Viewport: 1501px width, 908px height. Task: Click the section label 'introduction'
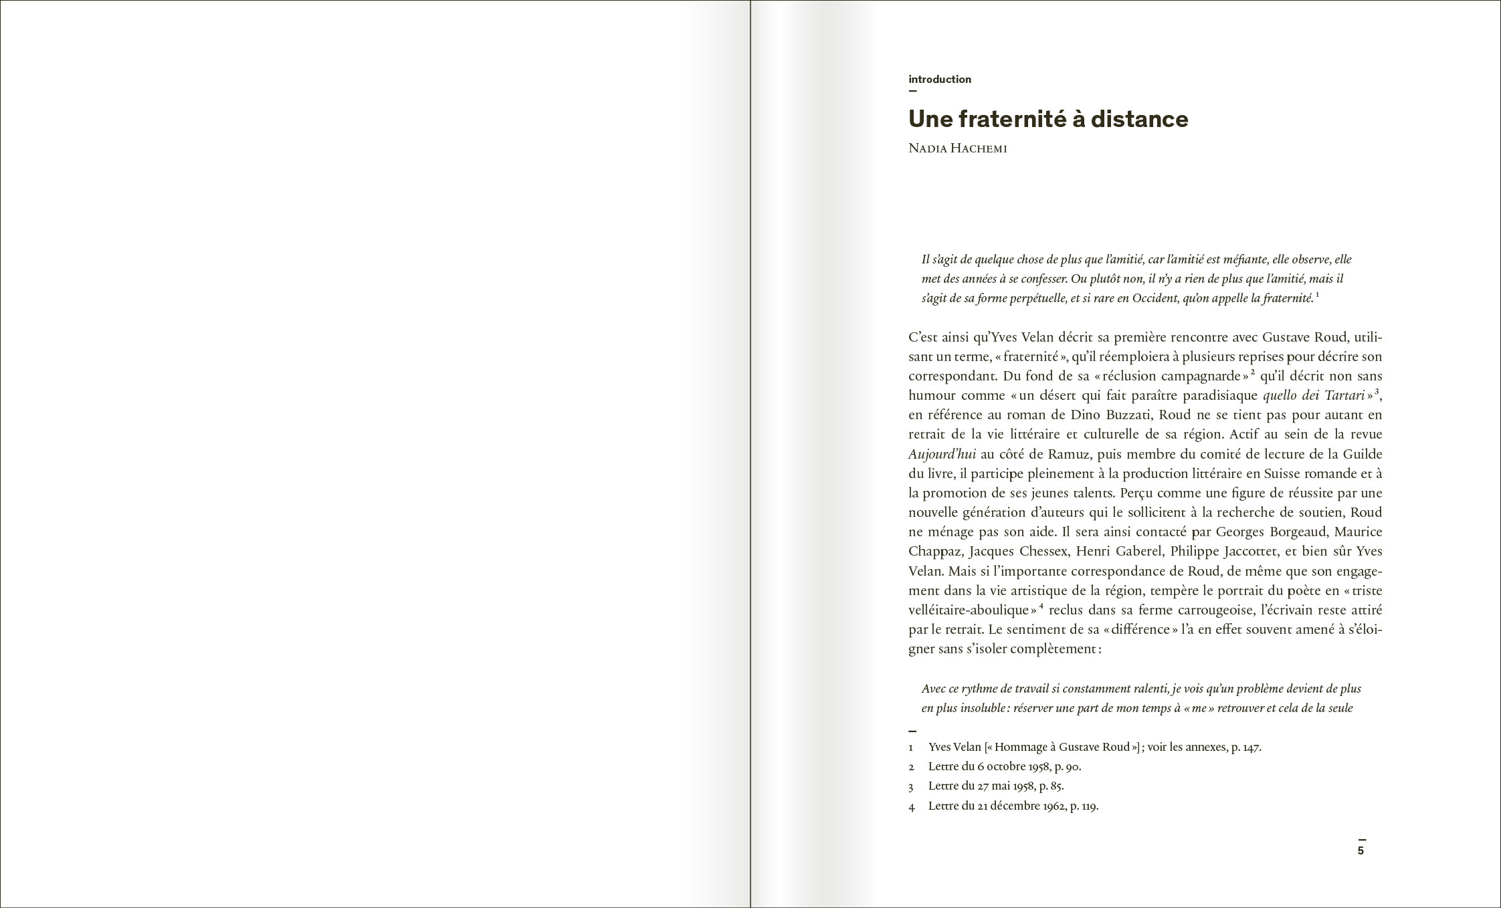939,80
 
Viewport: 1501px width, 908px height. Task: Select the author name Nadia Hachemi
957,148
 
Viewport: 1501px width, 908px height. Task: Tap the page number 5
1361,850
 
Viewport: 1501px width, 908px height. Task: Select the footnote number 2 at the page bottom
911,767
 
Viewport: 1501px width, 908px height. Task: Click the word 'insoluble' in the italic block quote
983,708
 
